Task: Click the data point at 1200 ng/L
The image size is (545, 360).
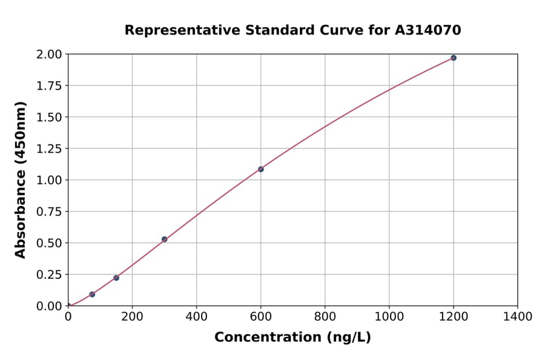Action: (453, 58)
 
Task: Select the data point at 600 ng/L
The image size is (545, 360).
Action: (260, 169)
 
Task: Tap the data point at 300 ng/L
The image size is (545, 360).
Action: (164, 239)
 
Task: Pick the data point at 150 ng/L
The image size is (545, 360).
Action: (116, 278)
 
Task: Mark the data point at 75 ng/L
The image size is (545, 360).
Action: (92, 295)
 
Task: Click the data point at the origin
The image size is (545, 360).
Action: (68, 305)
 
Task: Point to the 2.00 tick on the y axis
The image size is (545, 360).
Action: (49, 55)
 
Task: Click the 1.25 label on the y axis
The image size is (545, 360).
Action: (49, 148)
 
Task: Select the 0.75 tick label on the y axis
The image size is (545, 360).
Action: (49, 212)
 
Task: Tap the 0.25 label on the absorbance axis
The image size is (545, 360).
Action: (49, 275)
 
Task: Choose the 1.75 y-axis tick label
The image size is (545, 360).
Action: (49, 86)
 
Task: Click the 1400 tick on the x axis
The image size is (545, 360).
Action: (517, 316)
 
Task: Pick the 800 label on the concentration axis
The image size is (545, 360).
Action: (325, 316)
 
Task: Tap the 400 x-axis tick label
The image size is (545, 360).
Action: (196, 316)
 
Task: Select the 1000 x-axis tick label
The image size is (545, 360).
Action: (389, 316)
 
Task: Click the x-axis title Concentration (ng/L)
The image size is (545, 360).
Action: (292, 338)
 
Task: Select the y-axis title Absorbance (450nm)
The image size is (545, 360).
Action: (21, 179)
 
